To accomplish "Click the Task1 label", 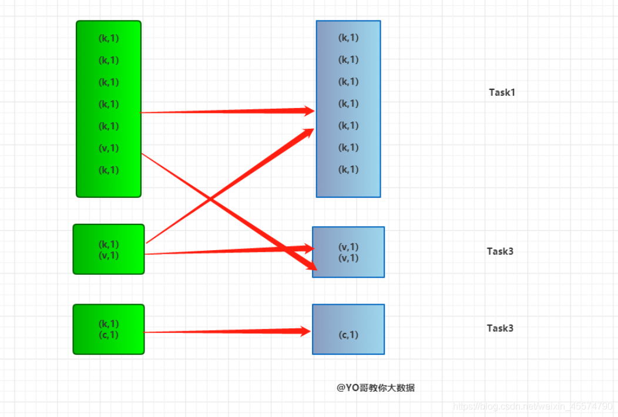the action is [502, 92].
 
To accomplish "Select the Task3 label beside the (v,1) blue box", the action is [500, 251].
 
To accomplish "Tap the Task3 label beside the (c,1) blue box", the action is [500, 328].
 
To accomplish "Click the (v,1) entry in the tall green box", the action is [109, 148].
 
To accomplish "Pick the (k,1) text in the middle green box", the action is [109, 244].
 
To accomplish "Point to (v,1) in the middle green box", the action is [109, 255].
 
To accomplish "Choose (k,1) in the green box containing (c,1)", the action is [109, 324].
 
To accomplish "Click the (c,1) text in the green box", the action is [109, 335].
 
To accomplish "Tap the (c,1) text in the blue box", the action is [348, 335].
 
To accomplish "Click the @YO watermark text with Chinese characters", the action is [375, 388].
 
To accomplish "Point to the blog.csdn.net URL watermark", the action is [533, 406].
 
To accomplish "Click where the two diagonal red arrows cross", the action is [210, 200].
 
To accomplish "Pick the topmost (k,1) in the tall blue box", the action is [348, 38].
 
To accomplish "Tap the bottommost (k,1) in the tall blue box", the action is [348, 170].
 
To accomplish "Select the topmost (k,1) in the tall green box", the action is [109, 38].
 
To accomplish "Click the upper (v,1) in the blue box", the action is [348, 247].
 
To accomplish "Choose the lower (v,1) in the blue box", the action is [348, 258].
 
